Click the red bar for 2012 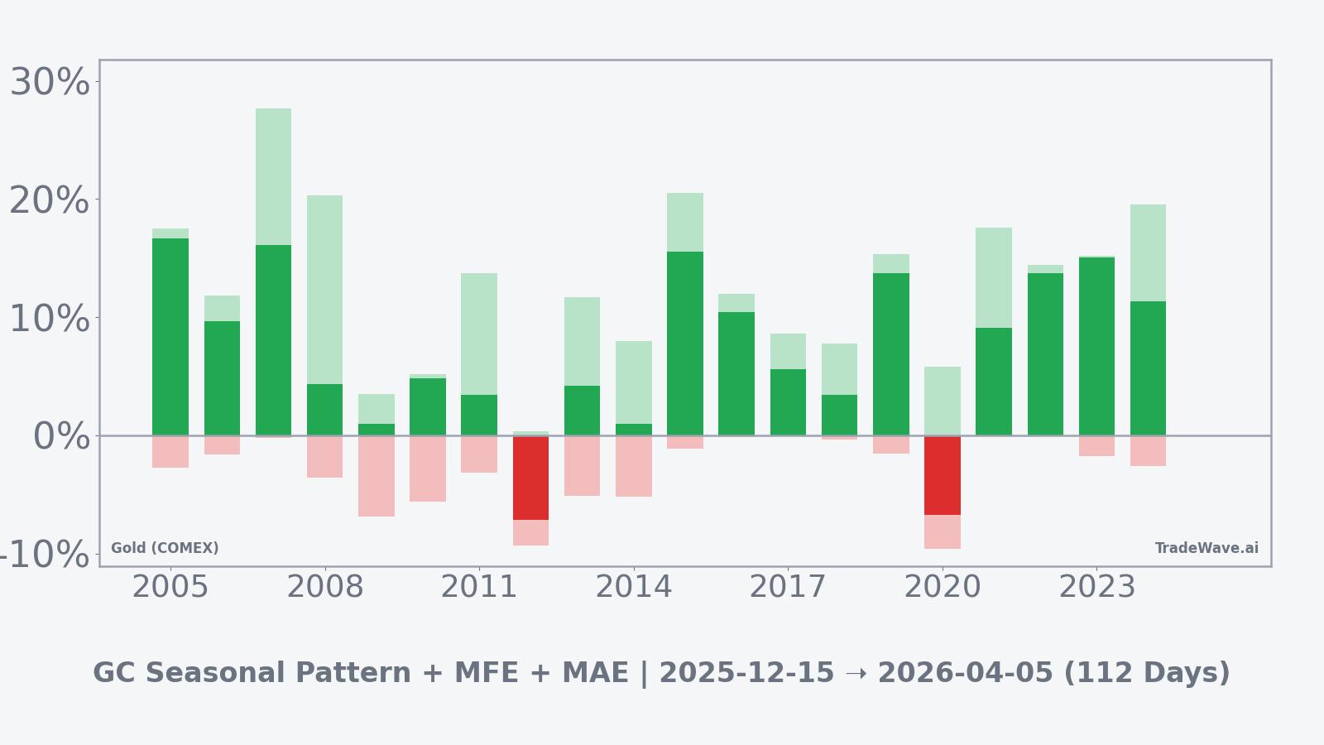(x=530, y=478)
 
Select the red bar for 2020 (x=942, y=475)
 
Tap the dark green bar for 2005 (x=170, y=337)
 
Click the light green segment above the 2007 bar (x=273, y=176)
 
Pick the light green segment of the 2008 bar (x=324, y=290)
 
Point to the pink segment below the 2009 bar (x=377, y=476)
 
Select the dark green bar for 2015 (x=685, y=344)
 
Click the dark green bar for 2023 (x=1096, y=346)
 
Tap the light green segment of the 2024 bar (x=1148, y=252)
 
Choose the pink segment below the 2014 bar (x=634, y=466)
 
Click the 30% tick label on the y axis (x=50, y=83)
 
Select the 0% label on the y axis (x=61, y=436)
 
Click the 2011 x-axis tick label (x=479, y=587)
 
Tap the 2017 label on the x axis (x=788, y=587)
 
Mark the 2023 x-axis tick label (x=1096, y=587)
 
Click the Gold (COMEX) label (x=165, y=548)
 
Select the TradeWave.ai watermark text (x=1206, y=548)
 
